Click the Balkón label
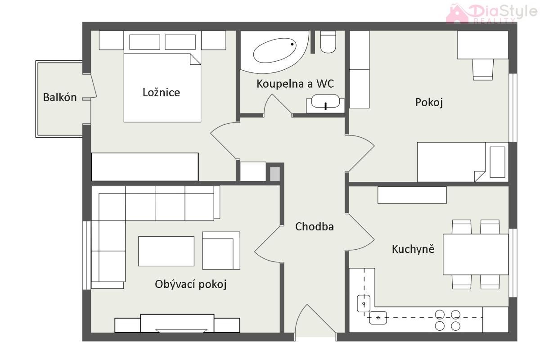60,97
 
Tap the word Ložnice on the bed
161,92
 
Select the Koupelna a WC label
295,84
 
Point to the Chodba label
315,226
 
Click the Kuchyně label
413,248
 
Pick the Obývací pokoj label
191,284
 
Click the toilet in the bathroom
328,42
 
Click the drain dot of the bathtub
292,44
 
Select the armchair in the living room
221,250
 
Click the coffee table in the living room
166,251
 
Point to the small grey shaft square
275,174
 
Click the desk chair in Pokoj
482,69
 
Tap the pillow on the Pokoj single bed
498,162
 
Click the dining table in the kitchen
476,254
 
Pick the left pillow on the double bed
144,42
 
